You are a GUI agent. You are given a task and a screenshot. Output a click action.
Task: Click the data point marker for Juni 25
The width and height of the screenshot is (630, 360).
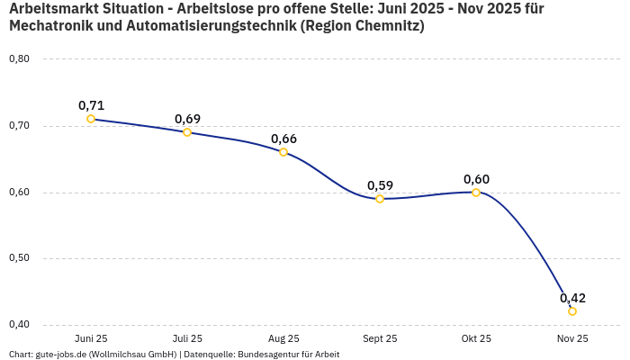pyautogui.click(x=91, y=119)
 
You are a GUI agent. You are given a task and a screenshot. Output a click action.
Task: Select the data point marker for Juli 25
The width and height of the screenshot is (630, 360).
pyautogui.click(x=187, y=132)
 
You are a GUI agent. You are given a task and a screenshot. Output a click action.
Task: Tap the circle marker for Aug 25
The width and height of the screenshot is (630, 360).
pyautogui.click(x=283, y=152)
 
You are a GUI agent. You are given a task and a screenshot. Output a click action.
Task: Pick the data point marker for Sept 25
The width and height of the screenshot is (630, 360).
pyautogui.click(x=380, y=199)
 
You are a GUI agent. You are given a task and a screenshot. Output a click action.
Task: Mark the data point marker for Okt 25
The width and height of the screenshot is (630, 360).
pyautogui.click(x=476, y=192)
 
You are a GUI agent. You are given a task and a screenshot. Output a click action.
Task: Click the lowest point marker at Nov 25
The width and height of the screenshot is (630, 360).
pyautogui.click(x=572, y=311)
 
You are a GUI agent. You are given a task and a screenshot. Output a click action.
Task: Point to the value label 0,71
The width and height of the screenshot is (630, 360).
pyautogui.click(x=91, y=105)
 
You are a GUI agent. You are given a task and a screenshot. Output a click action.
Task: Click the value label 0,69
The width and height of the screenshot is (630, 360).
pyautogui.click(x=187, y=119)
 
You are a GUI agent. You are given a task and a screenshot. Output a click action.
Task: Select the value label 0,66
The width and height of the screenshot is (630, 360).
pyautogui.click(x=283, y=139)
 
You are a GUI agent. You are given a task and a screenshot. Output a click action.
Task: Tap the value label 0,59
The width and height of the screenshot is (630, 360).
pyautogui.click(x=380, y=185)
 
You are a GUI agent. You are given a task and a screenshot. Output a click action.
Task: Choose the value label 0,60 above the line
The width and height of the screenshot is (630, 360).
pyautogui.click(x=476, y=178)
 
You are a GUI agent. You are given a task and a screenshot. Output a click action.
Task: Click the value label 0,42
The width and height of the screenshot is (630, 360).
pyautogui.click(x=572, y=298)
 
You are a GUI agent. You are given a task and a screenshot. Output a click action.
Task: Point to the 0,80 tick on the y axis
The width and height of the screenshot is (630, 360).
pyautogui.click(x=19, y=59)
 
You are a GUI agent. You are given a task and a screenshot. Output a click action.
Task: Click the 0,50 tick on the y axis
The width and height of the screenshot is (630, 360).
pyautogui.click(x=19, y=258)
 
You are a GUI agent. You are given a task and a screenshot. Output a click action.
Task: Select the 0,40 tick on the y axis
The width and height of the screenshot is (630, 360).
pyautogui.click(x=19, y=325)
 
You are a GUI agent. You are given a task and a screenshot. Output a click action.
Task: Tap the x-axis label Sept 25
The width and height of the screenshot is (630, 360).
pyautogui.click(x=380, y=338)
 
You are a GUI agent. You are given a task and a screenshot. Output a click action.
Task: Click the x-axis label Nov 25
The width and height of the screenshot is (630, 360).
pyautogui.click(x=572, y=338)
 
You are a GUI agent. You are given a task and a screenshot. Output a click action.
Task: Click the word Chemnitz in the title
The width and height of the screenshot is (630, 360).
pyautogui.click(x=379, y=26)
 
